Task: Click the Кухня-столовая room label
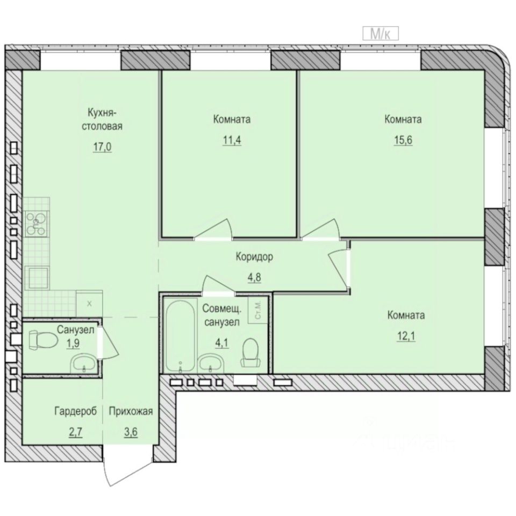(106, 120)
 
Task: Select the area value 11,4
(231, 141)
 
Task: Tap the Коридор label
(254, 257)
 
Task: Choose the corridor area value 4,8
(254, 279)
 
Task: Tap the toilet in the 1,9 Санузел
(42, 340)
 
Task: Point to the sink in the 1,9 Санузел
(84, 364)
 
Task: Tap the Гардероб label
(75, 412)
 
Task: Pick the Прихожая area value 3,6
(131, 432)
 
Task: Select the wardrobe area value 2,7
(75, 432)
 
